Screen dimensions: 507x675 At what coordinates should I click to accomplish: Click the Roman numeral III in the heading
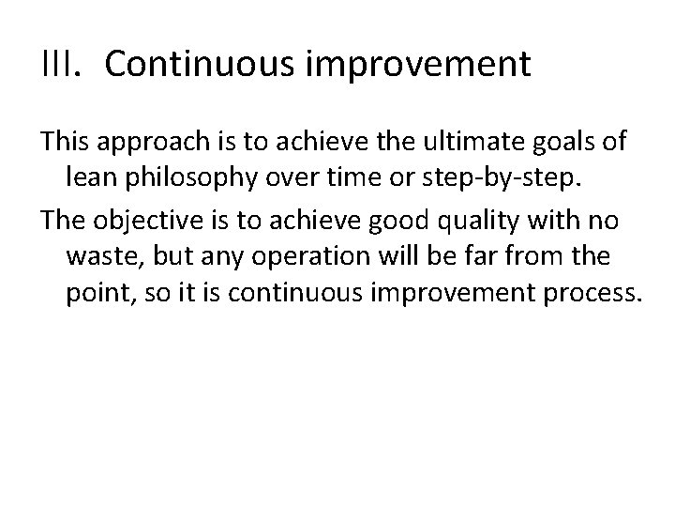[x=60, y=66]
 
